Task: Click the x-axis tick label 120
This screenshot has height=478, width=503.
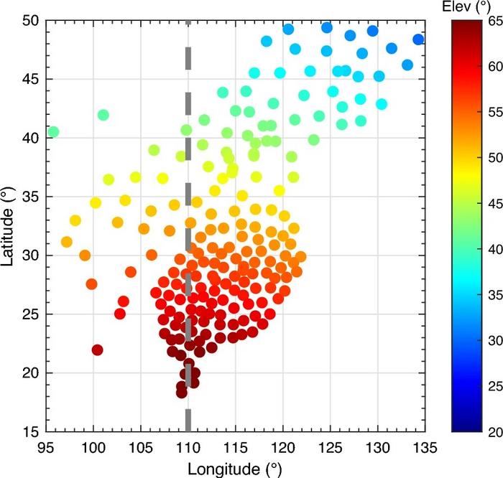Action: click(x=282, y=446)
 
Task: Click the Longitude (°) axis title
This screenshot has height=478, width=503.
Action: click(x=233, y=468)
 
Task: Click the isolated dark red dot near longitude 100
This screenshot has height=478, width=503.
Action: click(x=97, y=350)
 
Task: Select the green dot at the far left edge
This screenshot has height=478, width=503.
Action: click(x=52, y=132)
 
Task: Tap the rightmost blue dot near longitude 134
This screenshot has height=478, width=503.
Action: click(x=418, y=39)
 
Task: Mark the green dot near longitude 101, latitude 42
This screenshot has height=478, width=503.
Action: click(x=103, y=115)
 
